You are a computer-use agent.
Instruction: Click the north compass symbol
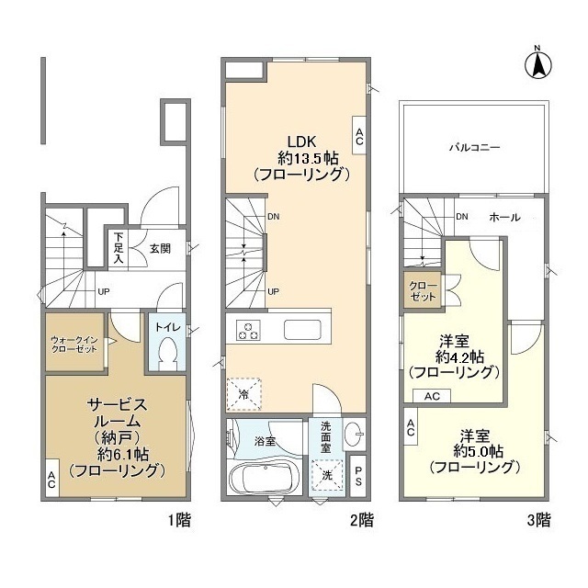537,64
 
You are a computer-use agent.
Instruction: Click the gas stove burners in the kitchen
248,331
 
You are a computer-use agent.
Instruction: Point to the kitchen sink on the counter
302,330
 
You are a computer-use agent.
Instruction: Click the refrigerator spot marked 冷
243,394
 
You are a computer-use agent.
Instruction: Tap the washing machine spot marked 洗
327,475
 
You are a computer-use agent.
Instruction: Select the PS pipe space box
357,476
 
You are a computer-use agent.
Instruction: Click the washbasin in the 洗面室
354,435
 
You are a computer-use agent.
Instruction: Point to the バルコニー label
475,147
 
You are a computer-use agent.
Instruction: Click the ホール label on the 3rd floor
504,217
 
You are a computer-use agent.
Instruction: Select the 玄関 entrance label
160,249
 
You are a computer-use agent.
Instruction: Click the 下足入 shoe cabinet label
119,248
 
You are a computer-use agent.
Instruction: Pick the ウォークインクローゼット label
74,345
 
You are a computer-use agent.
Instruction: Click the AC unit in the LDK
359,135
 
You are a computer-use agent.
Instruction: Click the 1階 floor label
179,520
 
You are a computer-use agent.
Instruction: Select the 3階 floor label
539,520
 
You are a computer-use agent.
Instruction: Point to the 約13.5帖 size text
308,158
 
